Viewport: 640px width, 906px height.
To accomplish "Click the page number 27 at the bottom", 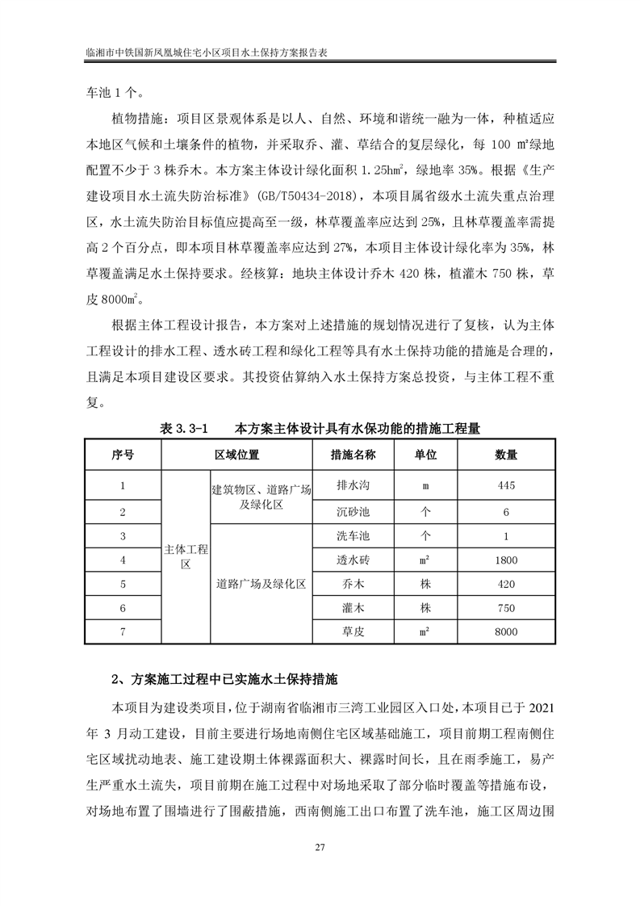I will click(x=320, y=846).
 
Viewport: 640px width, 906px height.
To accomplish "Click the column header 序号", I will click(x=123, y=455).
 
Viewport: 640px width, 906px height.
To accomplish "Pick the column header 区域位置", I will click(x=236, y=455).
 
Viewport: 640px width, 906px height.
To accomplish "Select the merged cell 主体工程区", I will click(x=186, y=557).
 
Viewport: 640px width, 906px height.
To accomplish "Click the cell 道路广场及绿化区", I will click(x=261, y=584).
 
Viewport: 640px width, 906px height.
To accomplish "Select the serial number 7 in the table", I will click(x=123, y=632).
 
